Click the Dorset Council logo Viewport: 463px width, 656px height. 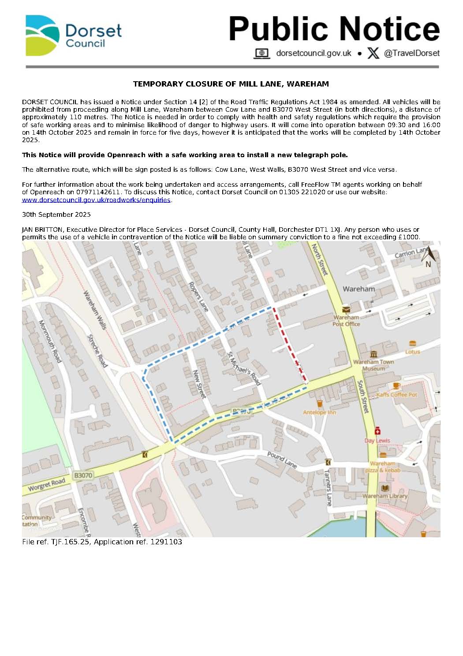(x=73, y=36)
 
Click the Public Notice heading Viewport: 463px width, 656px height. (x=334, y=29)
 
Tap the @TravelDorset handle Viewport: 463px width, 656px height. (x=411, y=53)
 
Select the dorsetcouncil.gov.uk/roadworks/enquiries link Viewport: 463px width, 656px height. (x=96, y=200)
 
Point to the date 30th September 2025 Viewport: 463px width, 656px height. (x=56, y=215)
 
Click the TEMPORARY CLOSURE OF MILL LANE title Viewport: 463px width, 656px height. (x=231, y=84)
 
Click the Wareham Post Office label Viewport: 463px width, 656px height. (x=346, y=320)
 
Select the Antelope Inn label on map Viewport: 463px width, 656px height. (x=319, y=412)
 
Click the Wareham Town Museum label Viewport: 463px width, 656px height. (x=373, y=365)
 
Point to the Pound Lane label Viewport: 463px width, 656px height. (x=282, y=459)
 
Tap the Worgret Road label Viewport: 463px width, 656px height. (x=46, y=484)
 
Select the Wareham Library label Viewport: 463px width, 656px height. (x=385, y=496)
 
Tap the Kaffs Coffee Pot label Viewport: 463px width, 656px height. (x=396, y=394)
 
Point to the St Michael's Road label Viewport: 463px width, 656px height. (x=244, y=368)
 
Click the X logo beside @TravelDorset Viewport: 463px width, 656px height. (x=373, y=53)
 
